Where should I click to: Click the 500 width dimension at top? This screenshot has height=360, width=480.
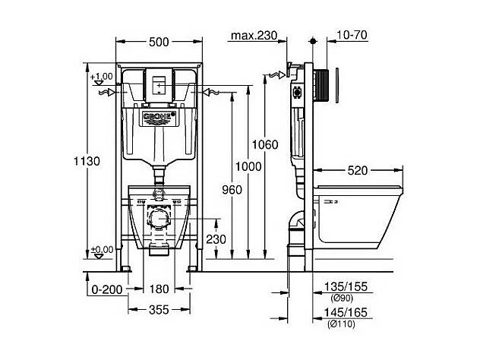(158, 43)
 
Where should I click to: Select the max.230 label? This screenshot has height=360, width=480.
(254, 36)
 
